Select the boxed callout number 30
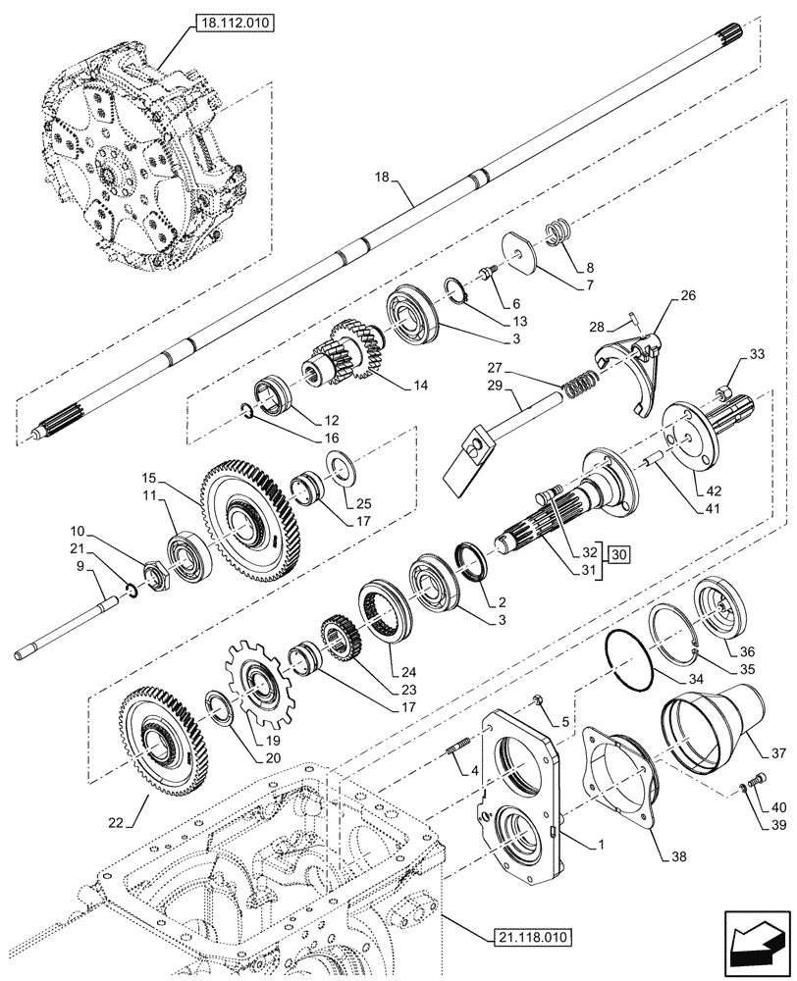[x=618, y=554]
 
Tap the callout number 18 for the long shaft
[x=383, y=177]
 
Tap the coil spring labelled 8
[x=559, y=233]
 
